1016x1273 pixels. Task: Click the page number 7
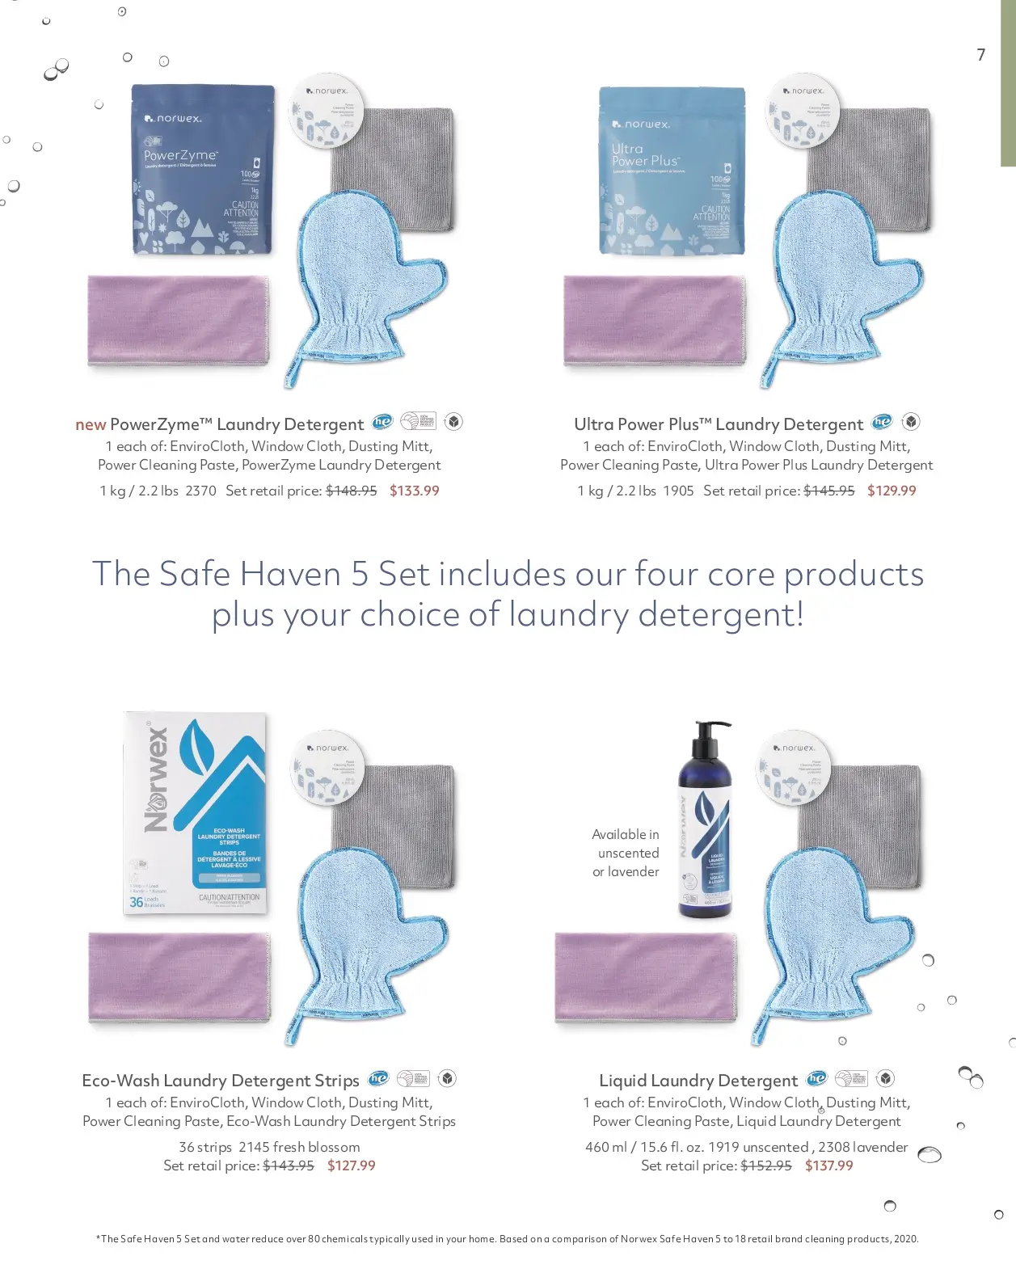(x=980, y=55)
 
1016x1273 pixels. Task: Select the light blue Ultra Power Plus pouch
(x=671, y=171)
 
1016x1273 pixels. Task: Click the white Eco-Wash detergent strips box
(x=195, y=812)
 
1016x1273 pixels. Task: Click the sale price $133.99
(x=414, y=491)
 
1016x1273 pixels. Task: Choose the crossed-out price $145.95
(x=828, y=491)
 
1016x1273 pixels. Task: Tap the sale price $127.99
(x=351, y=1166)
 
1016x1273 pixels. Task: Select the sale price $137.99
(x=828, y=1166)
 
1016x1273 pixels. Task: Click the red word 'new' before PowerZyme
(x=91, y=424)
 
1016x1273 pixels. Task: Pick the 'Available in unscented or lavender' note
(x=626, y=853)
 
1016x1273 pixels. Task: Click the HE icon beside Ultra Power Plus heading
(x=882, y=422)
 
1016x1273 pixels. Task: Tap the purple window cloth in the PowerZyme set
(x=178, y=320)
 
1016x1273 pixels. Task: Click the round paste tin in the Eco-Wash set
(x=327, y=769)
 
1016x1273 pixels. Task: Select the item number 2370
(x=200, y=491)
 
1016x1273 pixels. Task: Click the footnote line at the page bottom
(x=507, y=1238)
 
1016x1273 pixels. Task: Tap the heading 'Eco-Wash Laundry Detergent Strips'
(x=220, y=1081)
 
